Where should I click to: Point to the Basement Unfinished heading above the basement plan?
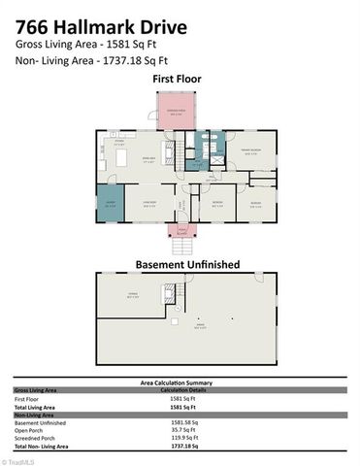point(180,264)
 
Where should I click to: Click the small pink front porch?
point(180,231)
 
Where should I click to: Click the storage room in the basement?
point(132,297)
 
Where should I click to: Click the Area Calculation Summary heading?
point(180,383)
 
